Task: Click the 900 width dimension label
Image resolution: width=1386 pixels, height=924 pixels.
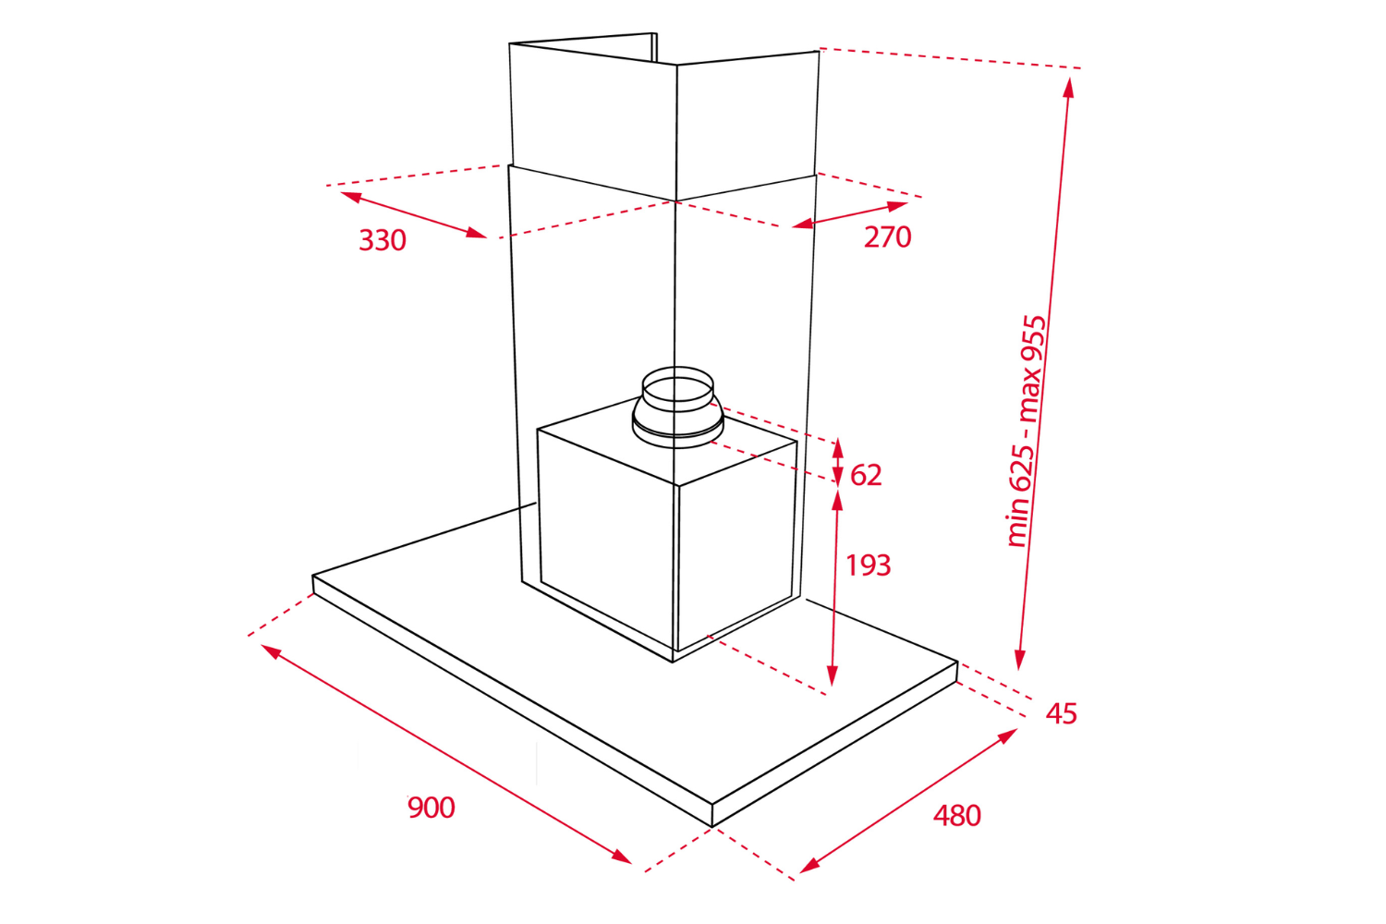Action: pyautogui.click(x=432, y=808)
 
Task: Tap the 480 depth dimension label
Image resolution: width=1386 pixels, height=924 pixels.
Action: pyautogui.click(x=956, y=816)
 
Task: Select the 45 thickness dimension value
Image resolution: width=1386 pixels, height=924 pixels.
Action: pyautogui.click(x=1061, y=713)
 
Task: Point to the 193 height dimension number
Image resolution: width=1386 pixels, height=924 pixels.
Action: pyautogui.click(x=869, y=565)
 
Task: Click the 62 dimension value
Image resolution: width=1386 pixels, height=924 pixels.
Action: pyautogui.click(x=866, y=475)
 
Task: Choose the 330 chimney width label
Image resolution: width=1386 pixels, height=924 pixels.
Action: pyautogui.click(x=383, y=240)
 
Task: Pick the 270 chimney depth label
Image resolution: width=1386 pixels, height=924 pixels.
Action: pyautogui.click(x=887, y=237)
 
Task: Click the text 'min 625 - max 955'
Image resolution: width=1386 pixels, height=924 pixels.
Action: pyautogui.click(x=1027, y=431)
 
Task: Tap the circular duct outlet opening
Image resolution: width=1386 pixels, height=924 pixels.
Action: pyautogui.click(x=677, y=385)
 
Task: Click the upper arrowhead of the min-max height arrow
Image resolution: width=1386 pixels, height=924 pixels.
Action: pyautogui.click(x=1068, y=87)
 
